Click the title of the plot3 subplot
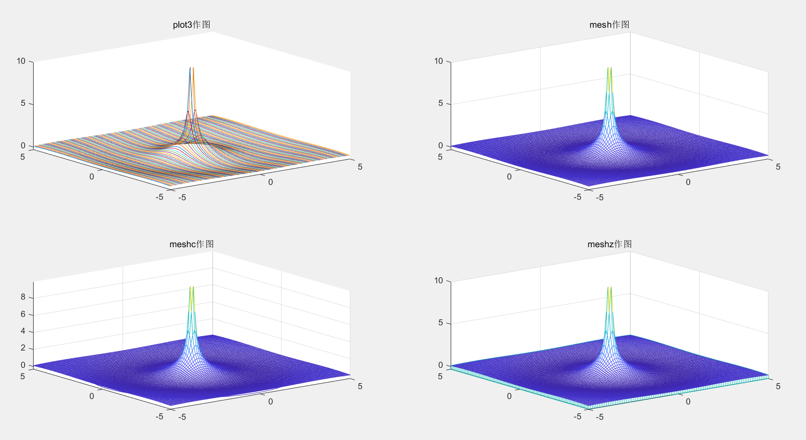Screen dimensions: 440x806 (192, 25)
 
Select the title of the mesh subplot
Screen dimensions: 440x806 (609, 25)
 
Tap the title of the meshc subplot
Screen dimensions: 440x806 (192, 244)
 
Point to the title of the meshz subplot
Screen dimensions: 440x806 (609, 244)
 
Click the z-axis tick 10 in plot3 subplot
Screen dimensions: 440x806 (21, 61)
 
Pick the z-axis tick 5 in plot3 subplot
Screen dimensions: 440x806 (23, 103)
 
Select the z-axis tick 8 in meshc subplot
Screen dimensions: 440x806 (23, 297)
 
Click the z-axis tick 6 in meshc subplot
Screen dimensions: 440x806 (23, 314)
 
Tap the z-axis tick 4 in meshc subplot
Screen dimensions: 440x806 (23, 331)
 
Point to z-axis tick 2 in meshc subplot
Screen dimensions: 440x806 (23, 348)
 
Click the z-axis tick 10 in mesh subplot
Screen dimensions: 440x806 (438, 61)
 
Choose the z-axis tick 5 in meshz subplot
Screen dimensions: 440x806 (440, 323)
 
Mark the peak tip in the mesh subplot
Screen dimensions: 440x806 (609, 68)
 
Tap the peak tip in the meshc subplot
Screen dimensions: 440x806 (191, 287)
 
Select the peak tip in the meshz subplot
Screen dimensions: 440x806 (609, 288)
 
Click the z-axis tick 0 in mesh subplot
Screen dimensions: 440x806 (440, 145)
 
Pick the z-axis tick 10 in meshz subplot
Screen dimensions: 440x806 (438, 281)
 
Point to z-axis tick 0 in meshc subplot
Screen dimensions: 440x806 (23, 365)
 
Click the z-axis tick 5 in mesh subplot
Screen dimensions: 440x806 (440, 103)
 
